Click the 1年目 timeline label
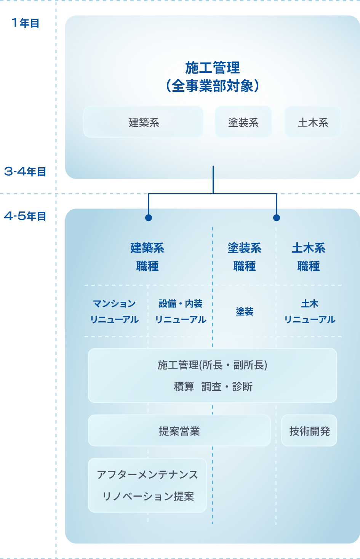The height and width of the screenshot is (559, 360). click(25, 23)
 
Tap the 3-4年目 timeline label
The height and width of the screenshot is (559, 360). click(25, 171)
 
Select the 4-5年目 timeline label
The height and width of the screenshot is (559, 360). click(25, 216)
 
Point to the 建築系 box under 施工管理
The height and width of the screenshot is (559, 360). click(144, 122)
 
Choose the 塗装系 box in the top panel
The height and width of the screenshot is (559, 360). click(243, 122)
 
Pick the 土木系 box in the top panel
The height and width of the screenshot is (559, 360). click(313, 122)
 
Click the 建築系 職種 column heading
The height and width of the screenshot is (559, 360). click(147, 257)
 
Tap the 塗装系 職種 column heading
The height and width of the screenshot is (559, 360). click(245, 257)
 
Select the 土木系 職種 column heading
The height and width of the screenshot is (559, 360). click(309, 257)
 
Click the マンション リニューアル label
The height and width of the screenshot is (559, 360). click(114, 311)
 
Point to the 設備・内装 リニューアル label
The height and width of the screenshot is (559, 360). click(181, 311)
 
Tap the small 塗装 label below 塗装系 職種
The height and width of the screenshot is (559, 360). click(245, 312)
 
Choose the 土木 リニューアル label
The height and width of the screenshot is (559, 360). click(310, 311)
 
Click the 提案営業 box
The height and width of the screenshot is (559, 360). click(179, 431)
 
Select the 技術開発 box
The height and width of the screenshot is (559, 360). click(309, 431)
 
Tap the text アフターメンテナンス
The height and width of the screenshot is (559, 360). click(147, 474)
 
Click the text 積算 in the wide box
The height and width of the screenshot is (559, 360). click(184, 387)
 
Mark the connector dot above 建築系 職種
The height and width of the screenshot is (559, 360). click(149, 218)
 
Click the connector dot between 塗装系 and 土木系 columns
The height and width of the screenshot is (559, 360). click(277, 218)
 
